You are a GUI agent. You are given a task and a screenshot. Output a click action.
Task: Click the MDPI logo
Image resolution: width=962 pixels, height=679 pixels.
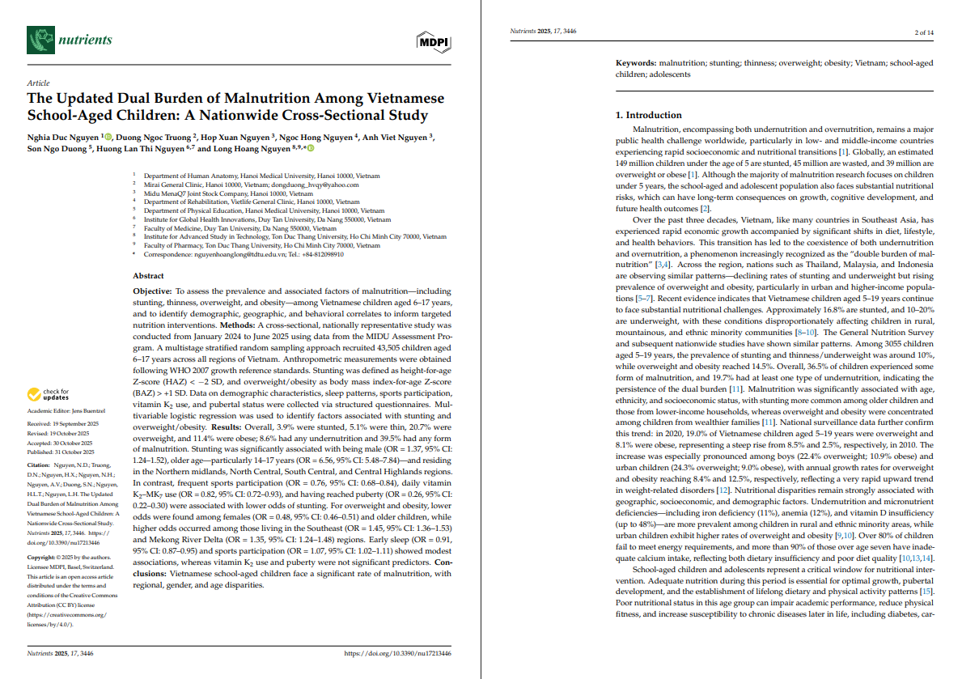click(x=434, y=41)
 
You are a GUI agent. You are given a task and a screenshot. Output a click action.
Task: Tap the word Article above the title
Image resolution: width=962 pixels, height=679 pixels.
click(x=38, y=83)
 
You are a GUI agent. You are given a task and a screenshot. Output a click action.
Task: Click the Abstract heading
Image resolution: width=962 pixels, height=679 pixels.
click(x=148, y=276)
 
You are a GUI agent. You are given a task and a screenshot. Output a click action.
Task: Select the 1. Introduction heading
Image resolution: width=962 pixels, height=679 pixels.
click(x=649, y=115)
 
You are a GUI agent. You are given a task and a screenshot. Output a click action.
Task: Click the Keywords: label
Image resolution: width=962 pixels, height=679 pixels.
click(x=636, y=62)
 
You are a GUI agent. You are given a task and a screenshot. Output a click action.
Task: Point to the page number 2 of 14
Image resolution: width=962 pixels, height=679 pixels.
click(x=923, y=32)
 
